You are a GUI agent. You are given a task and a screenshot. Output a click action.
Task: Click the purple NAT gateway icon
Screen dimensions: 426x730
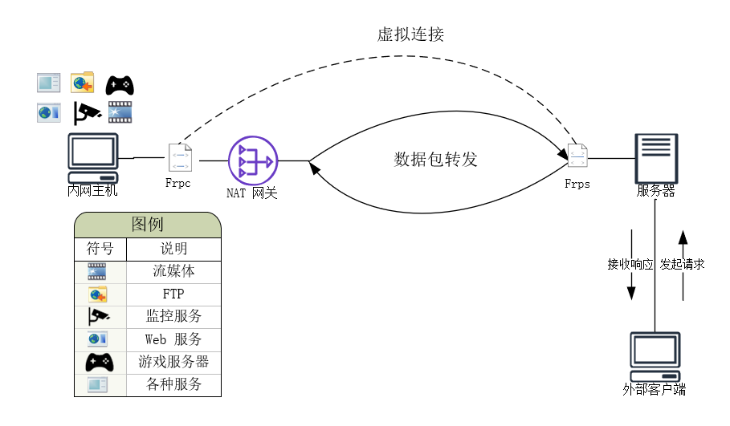pyautogui.click(x=252, y=160)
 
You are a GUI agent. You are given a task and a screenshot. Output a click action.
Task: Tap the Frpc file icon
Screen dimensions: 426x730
pyautogui.click(x=180, y=157)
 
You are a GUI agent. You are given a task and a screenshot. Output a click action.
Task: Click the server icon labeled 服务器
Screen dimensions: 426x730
pyautogui.click(x=656, y=159)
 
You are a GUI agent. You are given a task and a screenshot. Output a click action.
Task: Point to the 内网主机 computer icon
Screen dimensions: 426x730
pyautogui.click(x=92, y=158)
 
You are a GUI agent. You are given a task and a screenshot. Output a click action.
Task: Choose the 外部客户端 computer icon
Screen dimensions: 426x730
pyautogui.click(x=655, y=357)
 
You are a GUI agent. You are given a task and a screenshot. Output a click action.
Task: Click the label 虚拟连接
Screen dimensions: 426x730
pyautogui.click(x=410, y=34)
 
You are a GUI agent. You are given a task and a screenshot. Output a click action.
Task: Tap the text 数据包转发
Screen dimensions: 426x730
pyautogui.click(x=435, y=159)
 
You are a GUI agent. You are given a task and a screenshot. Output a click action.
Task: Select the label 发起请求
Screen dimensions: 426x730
pyautogui.click(x=683, y=264)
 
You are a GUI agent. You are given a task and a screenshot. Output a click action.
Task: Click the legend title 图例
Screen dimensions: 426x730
pyautogui.click(x=147, y=225)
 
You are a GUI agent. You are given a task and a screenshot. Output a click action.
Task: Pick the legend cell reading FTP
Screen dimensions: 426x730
pyautogui.click(x=173, y=294)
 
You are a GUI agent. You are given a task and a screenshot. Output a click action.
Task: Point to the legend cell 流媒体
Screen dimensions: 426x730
pyautogui.click(x=173, y=271)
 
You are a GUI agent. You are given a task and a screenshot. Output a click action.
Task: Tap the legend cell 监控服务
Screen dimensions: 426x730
pyautogui.click(x=173, y=316)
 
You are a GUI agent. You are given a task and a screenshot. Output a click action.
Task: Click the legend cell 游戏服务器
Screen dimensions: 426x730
pyautogui.click(x=173, y=362)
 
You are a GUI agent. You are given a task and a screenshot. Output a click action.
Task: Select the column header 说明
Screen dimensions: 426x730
pyautogui.click(x=173, y=249)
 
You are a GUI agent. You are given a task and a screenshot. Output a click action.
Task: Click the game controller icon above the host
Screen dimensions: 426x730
pyautogui.click(x=120, y=84)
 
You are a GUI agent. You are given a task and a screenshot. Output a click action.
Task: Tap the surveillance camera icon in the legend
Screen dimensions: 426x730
pyautogui.click(x=98, y=316)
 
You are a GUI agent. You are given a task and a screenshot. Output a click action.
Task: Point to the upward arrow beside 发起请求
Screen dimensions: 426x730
pyautogui.click(x=683, y=266)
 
